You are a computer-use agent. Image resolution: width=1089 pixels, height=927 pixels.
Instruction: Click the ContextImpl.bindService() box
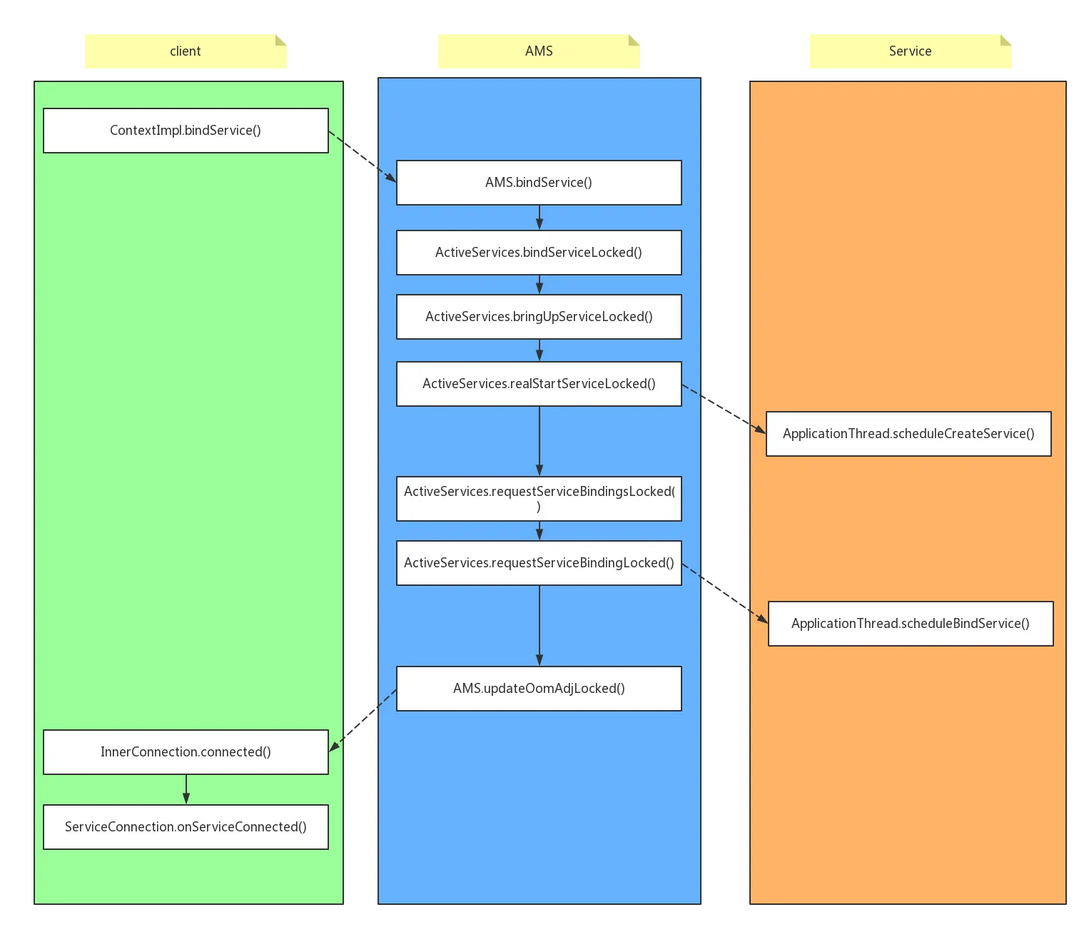coord(186,131)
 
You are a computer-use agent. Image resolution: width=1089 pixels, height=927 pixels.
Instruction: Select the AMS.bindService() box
coord(539,183)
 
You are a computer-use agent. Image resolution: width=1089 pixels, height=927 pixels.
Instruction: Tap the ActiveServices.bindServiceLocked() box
coord(539,253)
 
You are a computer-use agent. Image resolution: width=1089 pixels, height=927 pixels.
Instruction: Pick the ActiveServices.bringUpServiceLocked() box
coord(539,317)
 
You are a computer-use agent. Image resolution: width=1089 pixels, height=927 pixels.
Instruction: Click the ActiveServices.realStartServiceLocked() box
coord(539,384)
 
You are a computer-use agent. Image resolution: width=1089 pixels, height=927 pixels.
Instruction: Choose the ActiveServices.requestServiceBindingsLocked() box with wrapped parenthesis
coord(539,499)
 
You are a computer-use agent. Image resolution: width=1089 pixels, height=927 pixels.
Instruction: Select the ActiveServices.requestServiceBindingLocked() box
coord(539,563)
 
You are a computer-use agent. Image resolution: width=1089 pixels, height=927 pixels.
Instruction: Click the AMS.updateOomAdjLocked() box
coord(539,689)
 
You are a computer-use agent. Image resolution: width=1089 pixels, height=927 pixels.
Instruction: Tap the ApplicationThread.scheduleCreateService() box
coord(908,434)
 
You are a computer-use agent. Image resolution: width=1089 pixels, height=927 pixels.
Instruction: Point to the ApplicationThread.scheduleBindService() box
coord(911,624)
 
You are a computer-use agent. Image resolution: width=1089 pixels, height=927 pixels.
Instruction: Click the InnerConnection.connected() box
coord(186,752)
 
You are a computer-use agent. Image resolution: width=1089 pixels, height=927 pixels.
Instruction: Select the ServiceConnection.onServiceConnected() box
coord(186,827)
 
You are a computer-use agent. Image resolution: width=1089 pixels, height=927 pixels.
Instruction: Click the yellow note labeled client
coord(186,51)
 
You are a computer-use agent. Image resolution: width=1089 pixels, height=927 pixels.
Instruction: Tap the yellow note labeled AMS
coord(539,51)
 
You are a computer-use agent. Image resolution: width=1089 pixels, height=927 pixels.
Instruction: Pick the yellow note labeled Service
coord(910,51)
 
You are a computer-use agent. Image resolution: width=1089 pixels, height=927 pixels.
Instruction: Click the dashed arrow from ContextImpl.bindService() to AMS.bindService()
coord(362,156)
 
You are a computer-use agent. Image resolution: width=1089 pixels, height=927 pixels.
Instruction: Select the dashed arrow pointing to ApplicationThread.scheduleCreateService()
coord(724,408)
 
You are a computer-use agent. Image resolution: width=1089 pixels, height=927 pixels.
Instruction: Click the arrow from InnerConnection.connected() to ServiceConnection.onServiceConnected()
coord(186,789)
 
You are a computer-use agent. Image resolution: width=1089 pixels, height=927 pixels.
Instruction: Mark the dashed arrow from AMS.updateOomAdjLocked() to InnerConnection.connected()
coord(363,719)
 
